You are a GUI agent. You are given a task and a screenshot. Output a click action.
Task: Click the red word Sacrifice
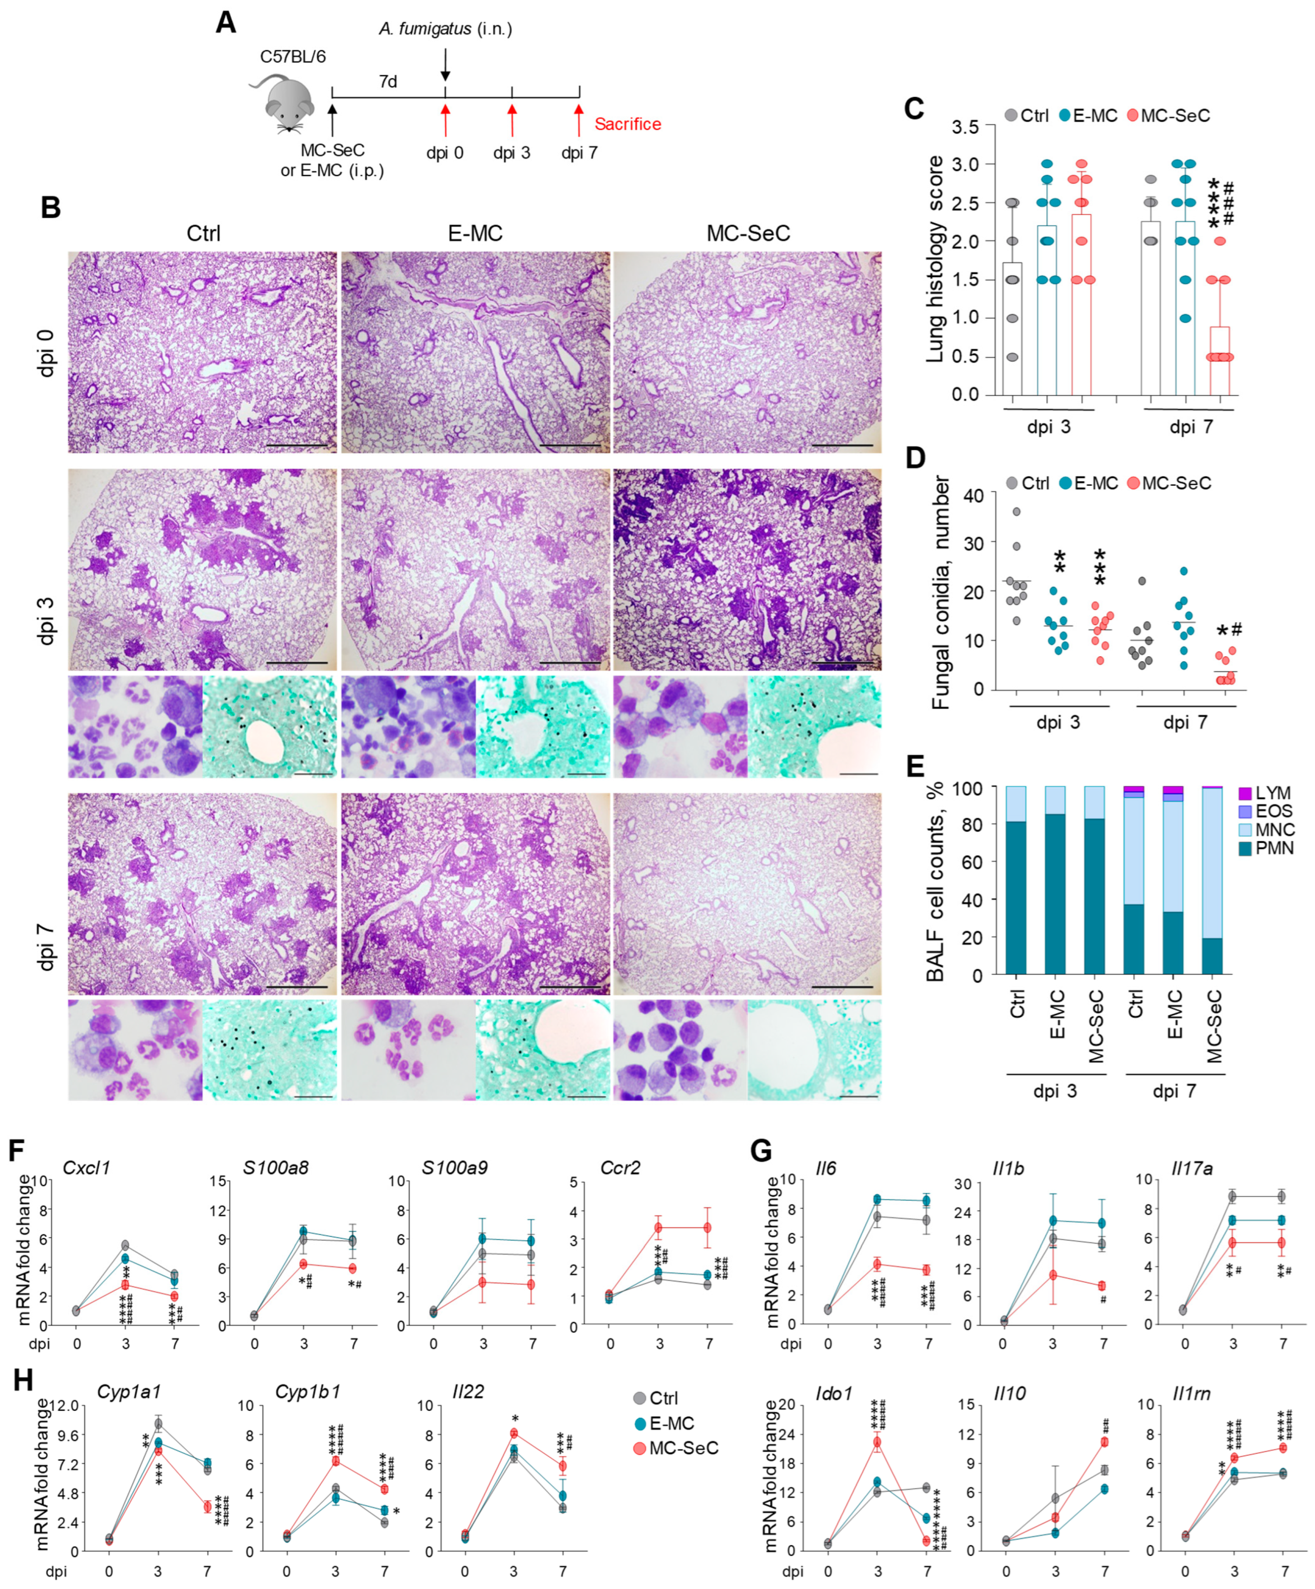pos(627,124)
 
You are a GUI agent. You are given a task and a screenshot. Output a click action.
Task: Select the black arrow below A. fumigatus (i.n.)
pos(445,64)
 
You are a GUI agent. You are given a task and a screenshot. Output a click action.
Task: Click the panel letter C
pos(914,109)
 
